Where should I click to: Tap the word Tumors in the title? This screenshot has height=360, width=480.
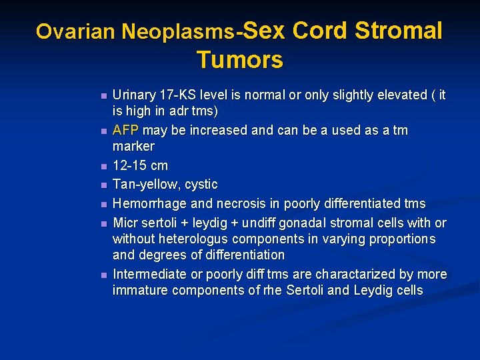[x=240, y=60]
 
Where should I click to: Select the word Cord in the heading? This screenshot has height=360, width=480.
[x=320, y=31]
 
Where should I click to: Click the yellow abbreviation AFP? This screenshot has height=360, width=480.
[x=126, y=130]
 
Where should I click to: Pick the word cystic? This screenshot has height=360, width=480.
[x=200, y=184]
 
